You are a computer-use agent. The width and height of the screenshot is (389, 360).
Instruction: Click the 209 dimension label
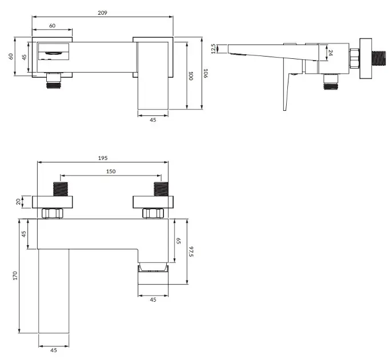tap(102, 13)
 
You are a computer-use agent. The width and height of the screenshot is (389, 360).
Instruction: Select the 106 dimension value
tap(206, 74)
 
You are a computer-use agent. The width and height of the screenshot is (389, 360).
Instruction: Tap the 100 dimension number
tap(191, 76)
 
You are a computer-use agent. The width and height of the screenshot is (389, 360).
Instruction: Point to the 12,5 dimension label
tap(214, 49)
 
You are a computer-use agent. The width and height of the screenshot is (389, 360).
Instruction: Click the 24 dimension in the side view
tap(331, 53)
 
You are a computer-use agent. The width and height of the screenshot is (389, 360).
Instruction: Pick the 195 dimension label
tap(103, 158)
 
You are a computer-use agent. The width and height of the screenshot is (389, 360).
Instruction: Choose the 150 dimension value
tap(111, 171)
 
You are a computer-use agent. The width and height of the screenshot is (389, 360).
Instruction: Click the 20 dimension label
tap(18, 202)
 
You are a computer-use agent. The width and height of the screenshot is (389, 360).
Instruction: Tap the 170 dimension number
tap(15, 275)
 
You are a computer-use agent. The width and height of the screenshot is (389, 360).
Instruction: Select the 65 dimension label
tap(178, 241)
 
